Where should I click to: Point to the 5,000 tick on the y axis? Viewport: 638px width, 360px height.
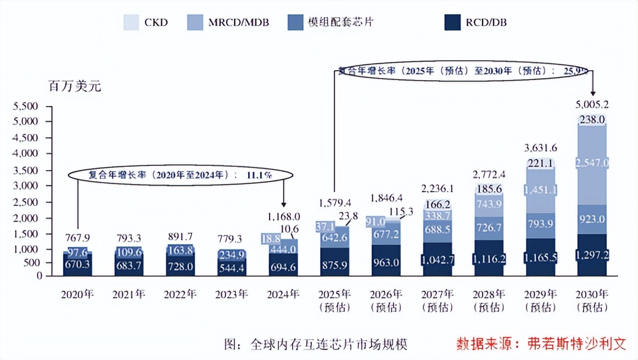[x=26, y=121]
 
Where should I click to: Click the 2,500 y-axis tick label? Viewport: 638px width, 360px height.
[x=26, y=202]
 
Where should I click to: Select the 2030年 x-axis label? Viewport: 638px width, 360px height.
[x=592, y=295]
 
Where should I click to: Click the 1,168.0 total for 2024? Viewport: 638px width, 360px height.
[x=284, y=216]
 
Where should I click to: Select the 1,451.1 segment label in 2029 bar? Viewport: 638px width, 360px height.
[x=540, y=190]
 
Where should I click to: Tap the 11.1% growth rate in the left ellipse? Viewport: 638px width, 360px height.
[x=258, y=175]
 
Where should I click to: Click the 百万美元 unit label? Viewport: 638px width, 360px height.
[x=74, y=86]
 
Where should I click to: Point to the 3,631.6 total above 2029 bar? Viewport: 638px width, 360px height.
[x=540, y=147]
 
